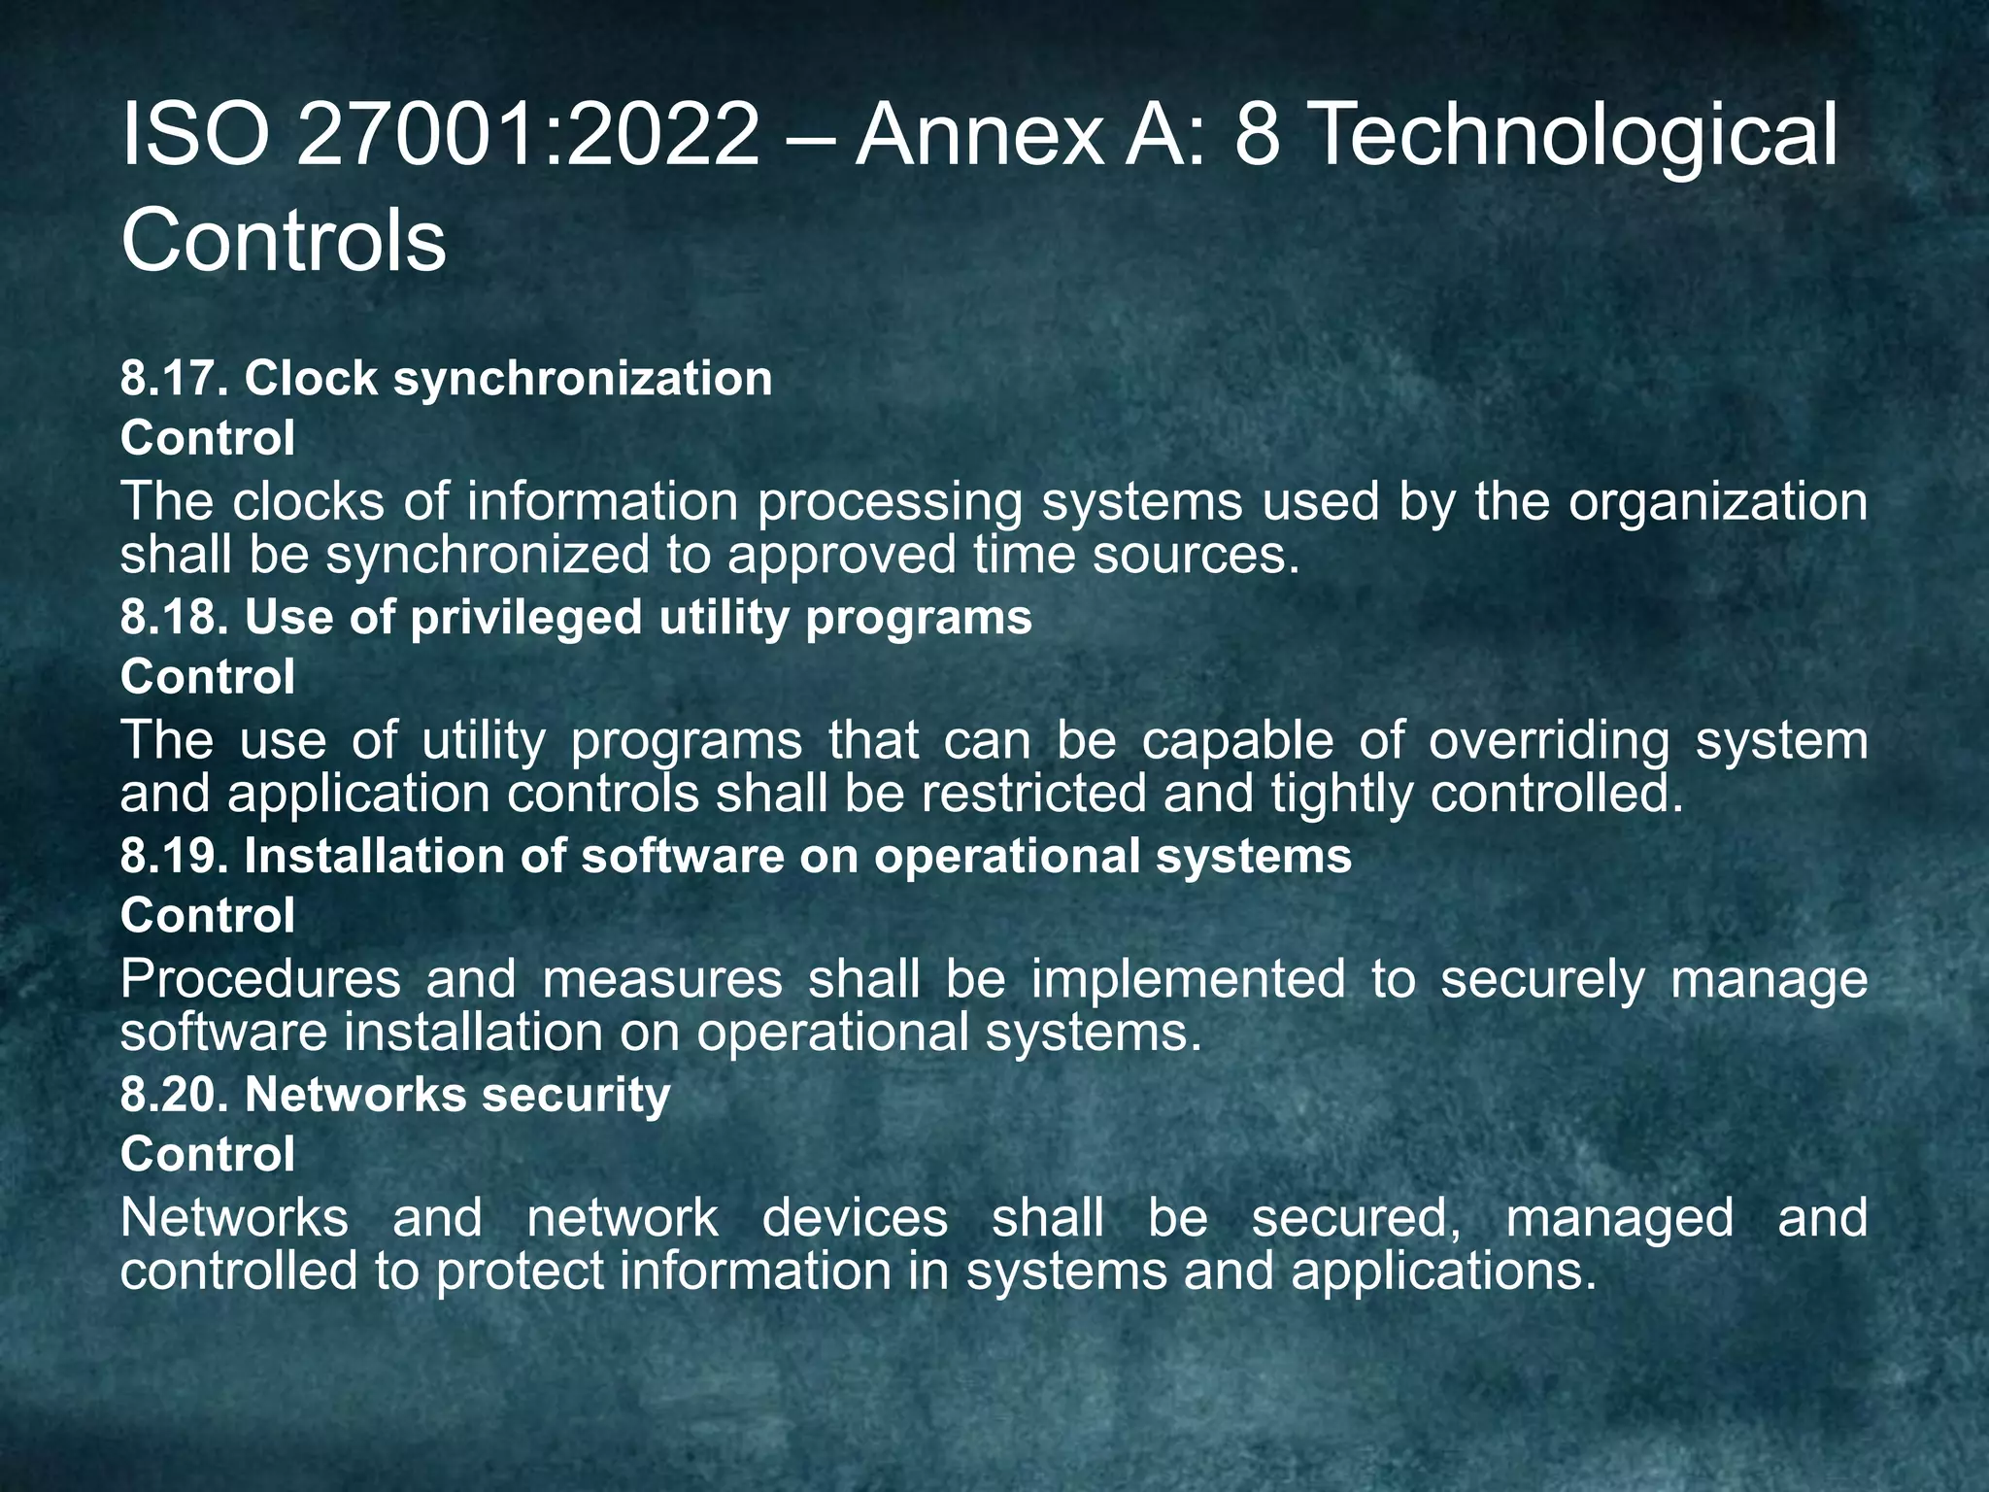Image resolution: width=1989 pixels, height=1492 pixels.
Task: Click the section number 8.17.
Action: pos(175,378)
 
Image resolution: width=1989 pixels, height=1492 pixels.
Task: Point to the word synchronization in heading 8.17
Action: pos(583,378)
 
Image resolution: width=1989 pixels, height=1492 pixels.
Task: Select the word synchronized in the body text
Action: pos(487,557)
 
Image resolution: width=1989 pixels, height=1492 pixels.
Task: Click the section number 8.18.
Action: pos(175,617)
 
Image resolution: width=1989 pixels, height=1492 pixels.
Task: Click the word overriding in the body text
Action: pos(1549,741)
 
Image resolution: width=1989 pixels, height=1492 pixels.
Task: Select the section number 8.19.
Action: pos(175,856)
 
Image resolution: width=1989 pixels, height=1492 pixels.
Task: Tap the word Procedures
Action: pos(260,979)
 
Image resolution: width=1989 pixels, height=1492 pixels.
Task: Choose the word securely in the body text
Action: pos(1542,979)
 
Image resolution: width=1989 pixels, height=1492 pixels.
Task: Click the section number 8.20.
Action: pos(175,1095)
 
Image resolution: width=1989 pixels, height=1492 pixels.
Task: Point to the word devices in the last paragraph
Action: pos(855,1218)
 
